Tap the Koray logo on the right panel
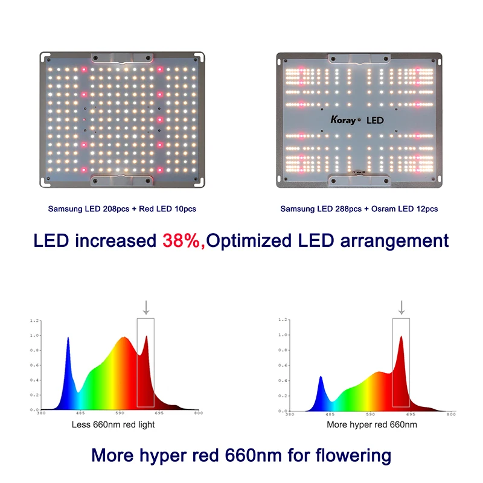[x=343, y=120]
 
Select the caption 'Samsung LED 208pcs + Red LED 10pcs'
[x=122, y=209]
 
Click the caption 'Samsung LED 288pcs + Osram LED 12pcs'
[x=359, y=209]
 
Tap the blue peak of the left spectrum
[x=68, y=341]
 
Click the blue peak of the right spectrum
[x=321, y=379]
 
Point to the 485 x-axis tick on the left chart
[x=80, y=414]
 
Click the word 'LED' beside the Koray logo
[x=374, y=120]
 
